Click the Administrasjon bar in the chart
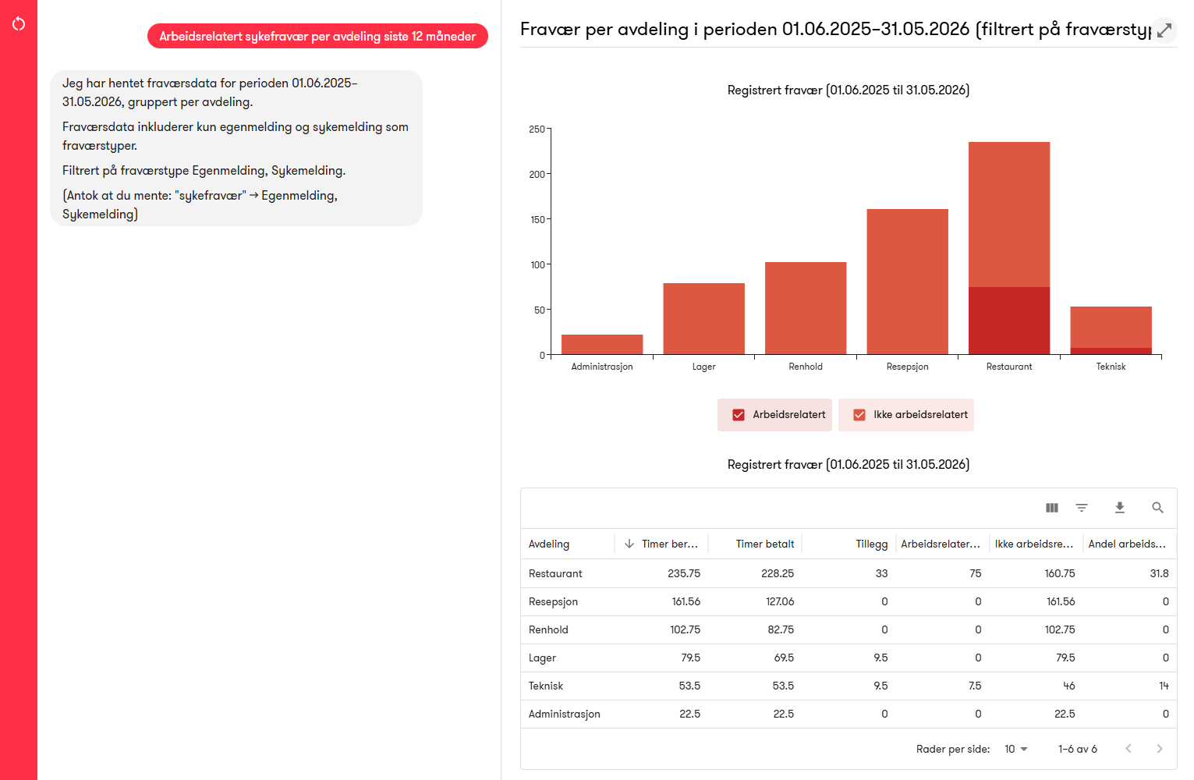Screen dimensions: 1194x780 [602, 345]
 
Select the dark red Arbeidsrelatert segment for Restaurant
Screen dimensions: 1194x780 [1009, 321]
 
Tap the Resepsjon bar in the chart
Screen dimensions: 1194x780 [907, 282]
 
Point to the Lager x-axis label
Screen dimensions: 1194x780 [703, 367]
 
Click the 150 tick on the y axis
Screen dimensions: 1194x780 [537, 220]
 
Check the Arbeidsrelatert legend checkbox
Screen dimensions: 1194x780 [739, 415]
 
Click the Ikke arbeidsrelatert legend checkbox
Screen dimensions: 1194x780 [859, 415]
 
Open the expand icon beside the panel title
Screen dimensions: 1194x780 [1164, 30]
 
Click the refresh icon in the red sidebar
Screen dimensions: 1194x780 [19, 24]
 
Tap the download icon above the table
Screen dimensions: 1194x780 [1119, 508]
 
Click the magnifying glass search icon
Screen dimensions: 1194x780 [1157, 508]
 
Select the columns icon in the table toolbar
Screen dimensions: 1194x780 [1052, 508]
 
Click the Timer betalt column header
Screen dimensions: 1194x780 [765, 544]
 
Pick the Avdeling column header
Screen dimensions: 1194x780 [549, 544]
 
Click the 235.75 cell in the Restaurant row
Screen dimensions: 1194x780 [684, 573]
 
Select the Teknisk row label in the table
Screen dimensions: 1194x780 [546, 686]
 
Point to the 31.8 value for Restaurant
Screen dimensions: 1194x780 [1159, 573]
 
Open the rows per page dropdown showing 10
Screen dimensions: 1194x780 [1015, 749]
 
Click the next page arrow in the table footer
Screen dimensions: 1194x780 [1160, 749]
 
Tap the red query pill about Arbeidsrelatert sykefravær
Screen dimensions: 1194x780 [317, 36]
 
